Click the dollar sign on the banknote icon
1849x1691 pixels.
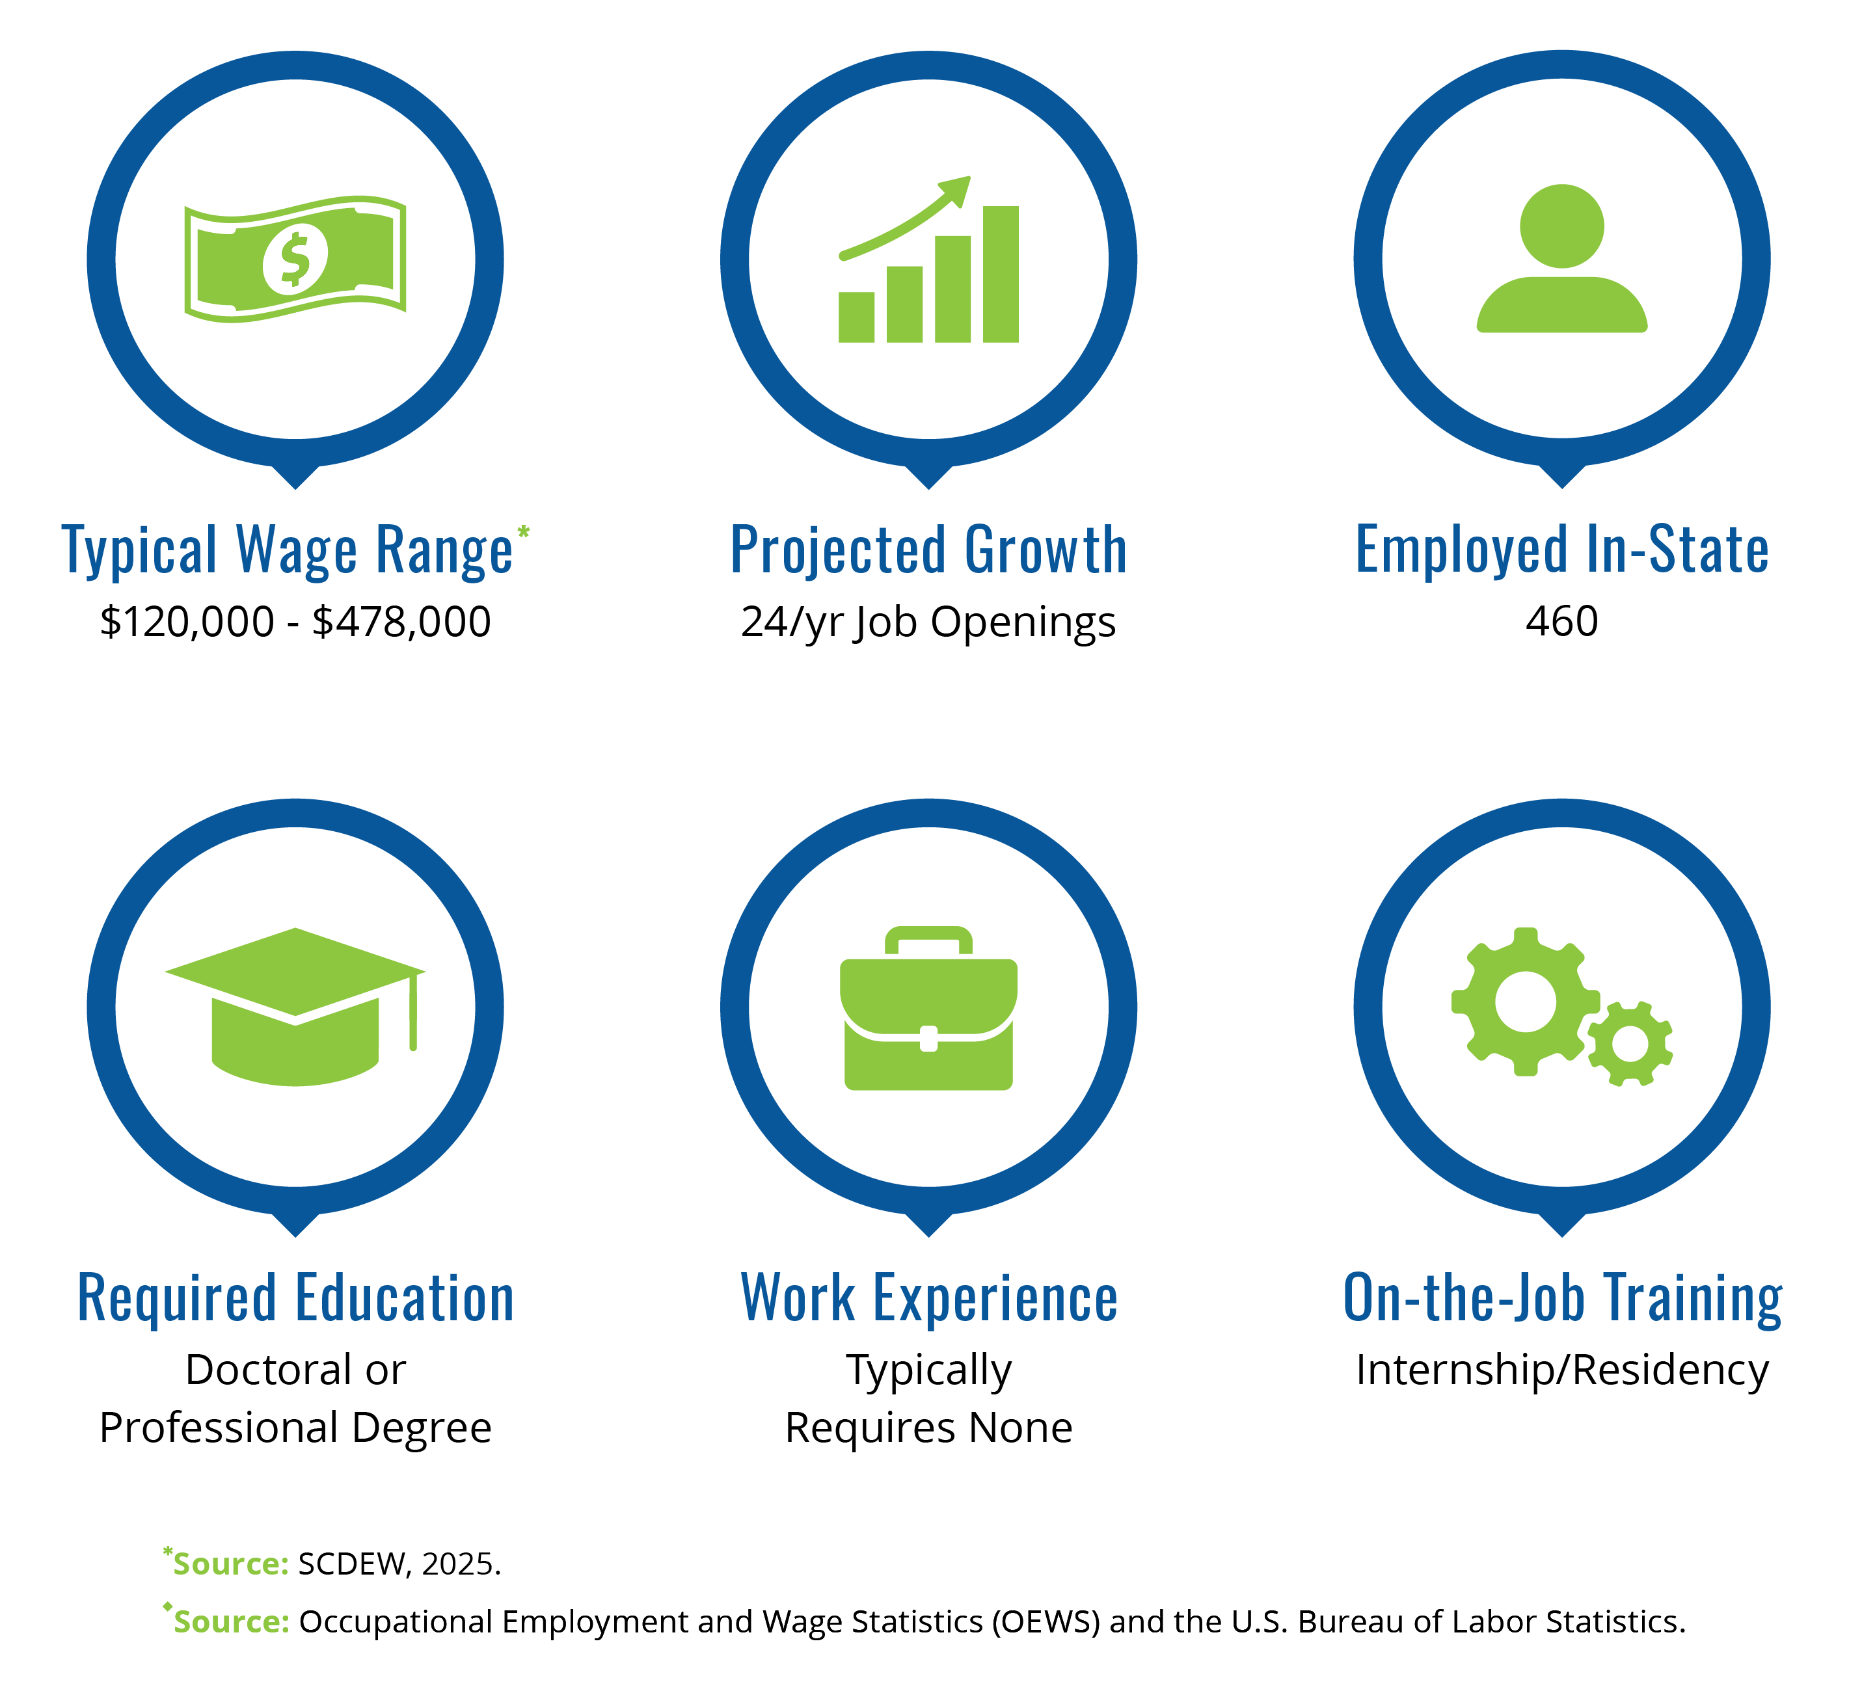295,260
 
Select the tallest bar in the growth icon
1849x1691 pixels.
1001,274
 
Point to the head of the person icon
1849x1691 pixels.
1562,226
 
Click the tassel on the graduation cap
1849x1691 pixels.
414,1011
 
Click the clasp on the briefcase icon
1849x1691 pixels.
928,1038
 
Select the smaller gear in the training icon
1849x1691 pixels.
1630,1045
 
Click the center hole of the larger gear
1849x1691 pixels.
1525,1002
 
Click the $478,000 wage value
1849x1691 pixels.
401,622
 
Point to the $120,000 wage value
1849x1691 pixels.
187,622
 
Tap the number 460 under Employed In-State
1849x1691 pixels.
1562,622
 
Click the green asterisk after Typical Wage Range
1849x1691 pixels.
524,532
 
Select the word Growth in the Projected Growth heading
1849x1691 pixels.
1046,550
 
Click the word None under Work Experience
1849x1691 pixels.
1021,1428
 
